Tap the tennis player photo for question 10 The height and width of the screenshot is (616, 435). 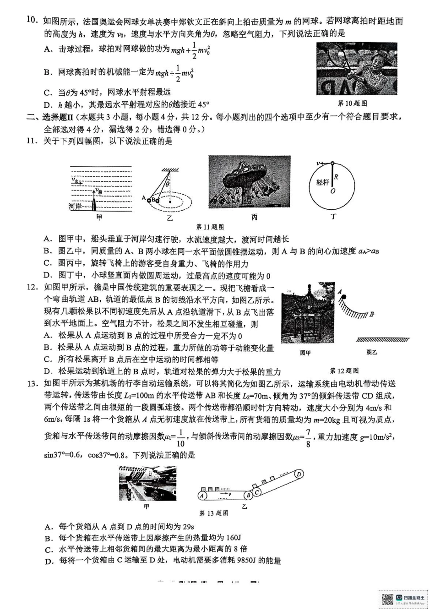(356, 69)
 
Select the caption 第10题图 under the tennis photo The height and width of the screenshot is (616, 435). (352, 104)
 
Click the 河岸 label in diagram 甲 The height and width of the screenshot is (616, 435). (76, 207)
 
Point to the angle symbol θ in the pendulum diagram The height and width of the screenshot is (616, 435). (168, 184)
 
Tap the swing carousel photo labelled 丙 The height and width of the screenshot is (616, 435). (249, 182)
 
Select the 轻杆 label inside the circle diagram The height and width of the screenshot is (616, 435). (322, 182)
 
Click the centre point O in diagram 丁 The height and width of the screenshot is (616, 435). (333, 191)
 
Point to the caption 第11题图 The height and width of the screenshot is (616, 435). (210, 227)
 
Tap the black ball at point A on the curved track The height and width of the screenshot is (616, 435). (343, 298)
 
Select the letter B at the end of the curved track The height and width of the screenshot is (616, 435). (372, 314)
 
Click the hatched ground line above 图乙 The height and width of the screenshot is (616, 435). (382, 340)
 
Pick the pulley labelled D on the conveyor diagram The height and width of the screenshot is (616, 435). (299, 474)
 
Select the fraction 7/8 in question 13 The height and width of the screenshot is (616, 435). (309, 438)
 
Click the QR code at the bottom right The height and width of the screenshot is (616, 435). (387, 599)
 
